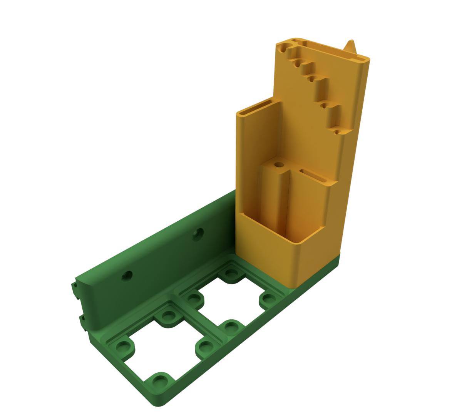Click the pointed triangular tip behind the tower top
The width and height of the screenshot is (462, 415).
(351, 45)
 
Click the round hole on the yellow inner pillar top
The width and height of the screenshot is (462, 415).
(279, 165)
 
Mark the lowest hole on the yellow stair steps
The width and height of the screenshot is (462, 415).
(338, 132)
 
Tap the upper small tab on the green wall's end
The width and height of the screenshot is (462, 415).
(73, 288)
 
